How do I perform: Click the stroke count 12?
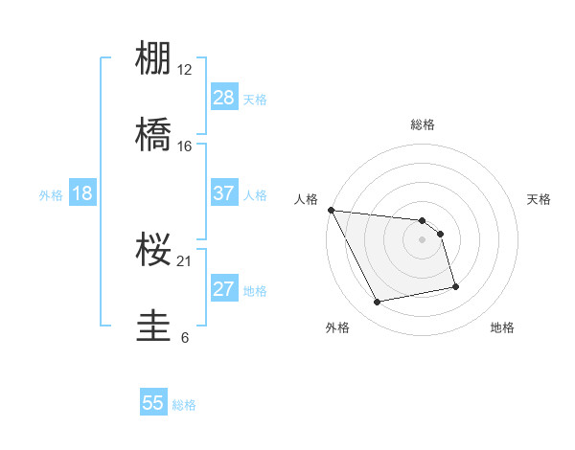tap(185, 69)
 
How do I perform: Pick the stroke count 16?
tap(185, 146)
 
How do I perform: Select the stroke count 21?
tap(185, 260)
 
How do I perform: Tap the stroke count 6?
tap(185, 337)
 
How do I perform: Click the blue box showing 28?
tap(223, 98)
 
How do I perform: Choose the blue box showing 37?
tap(223, 193)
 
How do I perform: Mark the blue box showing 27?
tap(223, 289)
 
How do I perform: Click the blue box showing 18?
tap(82, 193)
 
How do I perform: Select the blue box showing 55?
tap(153, 403)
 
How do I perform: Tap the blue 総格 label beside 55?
tap(185, 405)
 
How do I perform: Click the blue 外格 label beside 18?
tap(51, 195)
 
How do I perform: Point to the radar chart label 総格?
tap(423, 124)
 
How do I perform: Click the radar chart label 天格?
tap(540, 199)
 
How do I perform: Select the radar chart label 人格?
tap(306, 199)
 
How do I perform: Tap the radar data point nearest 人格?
tap(331, 210)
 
